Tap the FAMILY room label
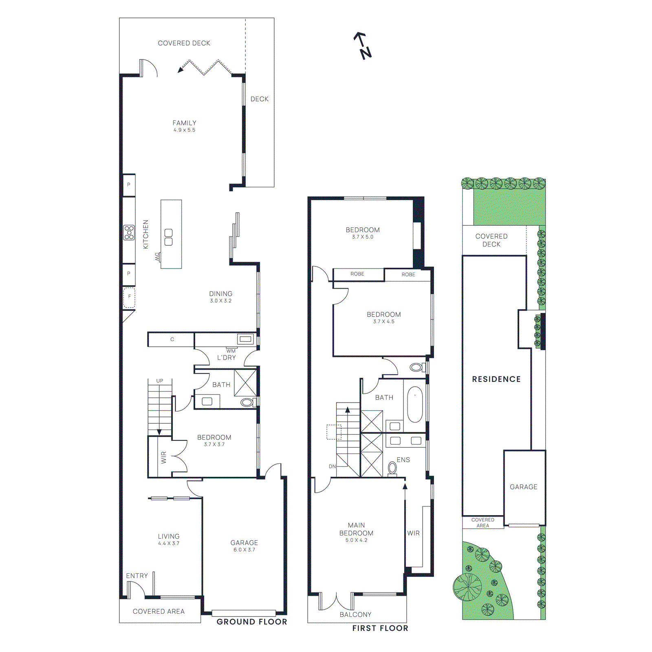pos(184,123)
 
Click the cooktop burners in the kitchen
pos(129,232)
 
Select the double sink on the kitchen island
pos(168,237)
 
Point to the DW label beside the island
pos(157,257)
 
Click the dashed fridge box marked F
pos(129,297)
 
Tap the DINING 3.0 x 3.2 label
pos(220,297)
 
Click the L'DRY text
pos(226,358)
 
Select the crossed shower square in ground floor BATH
pos(245,383)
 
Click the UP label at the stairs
pos(160,381)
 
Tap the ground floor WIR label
pos(164,457)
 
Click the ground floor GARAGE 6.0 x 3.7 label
pos(244,546)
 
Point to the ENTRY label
pos(137,576)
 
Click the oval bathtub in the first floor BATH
pos(415,404)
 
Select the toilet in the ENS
pos(392,468)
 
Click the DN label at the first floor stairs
pos(332,467)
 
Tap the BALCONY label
pos(355,615)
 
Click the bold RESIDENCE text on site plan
pos(496,379)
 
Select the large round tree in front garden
pos(467,587)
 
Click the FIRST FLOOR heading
pos(380,628)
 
